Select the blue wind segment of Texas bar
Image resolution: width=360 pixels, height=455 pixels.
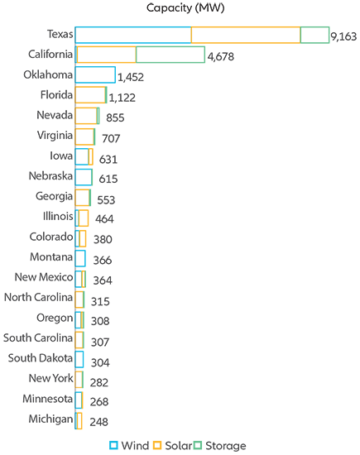(x=132, y=35)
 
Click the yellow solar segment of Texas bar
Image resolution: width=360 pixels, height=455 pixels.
(x=246, y=35)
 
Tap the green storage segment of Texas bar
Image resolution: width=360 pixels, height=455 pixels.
(x=314, y=35)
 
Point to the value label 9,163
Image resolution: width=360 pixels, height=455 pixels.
(x=343, y=36)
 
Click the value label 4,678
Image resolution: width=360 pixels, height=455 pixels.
(x=221, y=57)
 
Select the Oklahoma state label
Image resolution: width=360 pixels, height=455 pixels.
(x=48, y=74)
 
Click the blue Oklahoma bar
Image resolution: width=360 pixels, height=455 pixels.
(x=94, y=75)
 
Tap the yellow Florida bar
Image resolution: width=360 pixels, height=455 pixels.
(x=90, y=95)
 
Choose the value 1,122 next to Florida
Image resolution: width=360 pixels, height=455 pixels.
(x=122, y=98)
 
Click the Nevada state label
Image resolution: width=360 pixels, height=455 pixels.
(x=55, y=115)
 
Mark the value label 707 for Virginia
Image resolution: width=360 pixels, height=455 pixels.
(x=111, y=138)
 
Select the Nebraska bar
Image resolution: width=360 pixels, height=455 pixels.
(x=84, y=176)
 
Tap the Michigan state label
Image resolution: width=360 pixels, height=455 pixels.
(x=50, y=419)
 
